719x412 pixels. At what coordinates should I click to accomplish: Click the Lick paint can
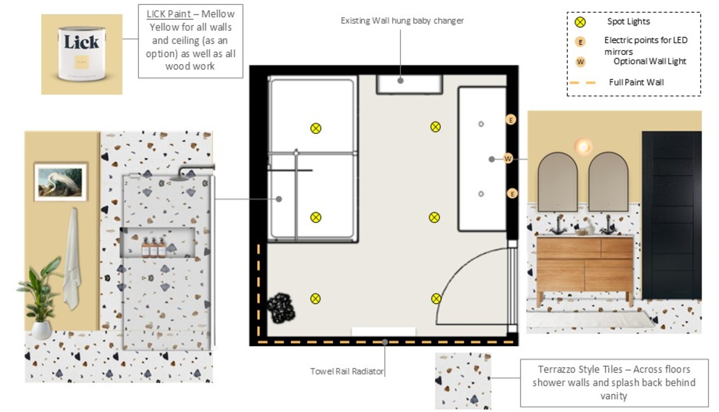(x=82, y=54)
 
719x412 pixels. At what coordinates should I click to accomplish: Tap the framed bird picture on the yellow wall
(x=61, y=182)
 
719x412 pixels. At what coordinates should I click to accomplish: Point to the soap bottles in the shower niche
(x=154, y=247)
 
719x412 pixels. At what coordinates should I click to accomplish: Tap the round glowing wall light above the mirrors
(x=583, y=147)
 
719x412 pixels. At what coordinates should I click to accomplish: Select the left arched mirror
(x=558, y=182)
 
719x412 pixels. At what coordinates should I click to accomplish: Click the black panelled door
(x=671, y=215)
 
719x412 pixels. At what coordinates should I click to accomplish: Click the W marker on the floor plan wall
(x=508, y=159)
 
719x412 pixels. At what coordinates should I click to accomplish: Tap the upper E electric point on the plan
(x=511, y=120)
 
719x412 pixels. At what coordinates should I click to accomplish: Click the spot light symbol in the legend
(x=580, y=22)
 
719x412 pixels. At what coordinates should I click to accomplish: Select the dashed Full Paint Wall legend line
(x=583, y=83)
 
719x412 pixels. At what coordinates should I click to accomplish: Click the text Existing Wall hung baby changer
(x=402, y=21)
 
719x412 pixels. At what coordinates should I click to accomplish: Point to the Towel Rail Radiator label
(x=347, y=371)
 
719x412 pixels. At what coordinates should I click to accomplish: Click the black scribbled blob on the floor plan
(x=281, y=308)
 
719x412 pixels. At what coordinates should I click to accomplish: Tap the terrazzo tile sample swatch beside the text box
(x=463, y=381)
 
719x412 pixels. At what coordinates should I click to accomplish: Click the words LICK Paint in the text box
(x=169, y=14)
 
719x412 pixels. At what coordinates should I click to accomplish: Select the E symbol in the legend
(x=580, y=42)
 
